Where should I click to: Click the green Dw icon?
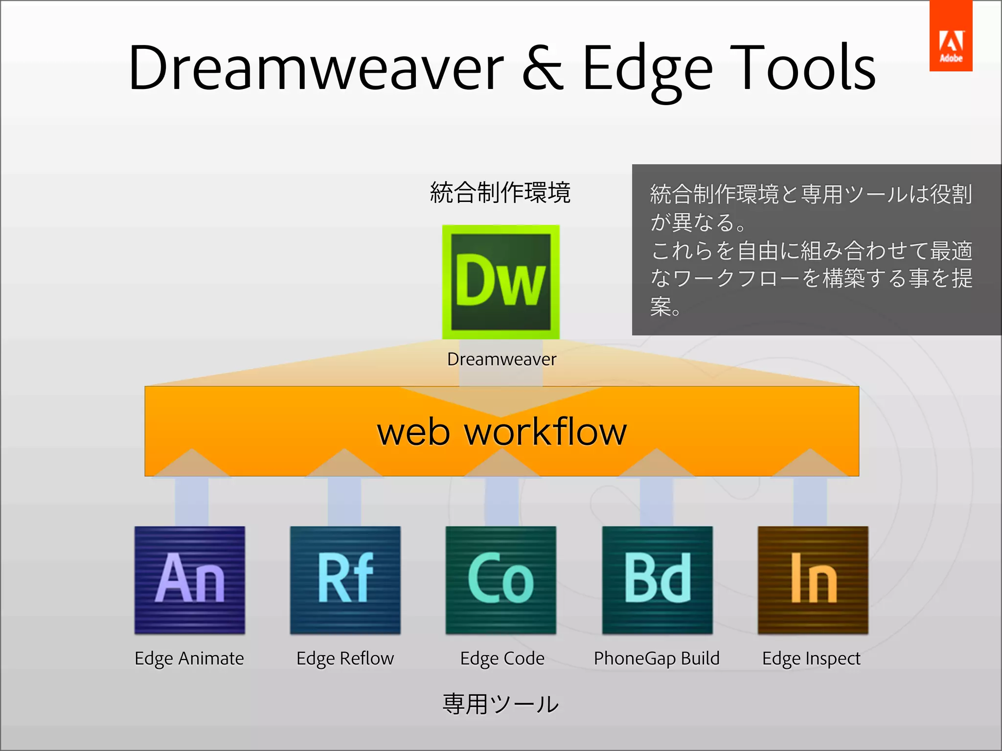coord(501,282)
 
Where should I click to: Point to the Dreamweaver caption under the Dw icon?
coord(501,359)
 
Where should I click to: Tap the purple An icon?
coord(190,580)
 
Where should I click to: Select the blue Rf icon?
coord(345,580)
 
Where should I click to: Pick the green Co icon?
coord(501,580)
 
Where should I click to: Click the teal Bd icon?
coord(657,580)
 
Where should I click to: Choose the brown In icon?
coord(813,580)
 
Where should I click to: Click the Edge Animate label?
coord(189,659)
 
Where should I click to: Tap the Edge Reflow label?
coord(345,659)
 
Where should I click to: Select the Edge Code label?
coord(502,659)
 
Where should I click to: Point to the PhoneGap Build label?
coord(657,659)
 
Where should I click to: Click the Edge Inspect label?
coord(811,659)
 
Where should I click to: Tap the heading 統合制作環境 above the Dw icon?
coord(500,192)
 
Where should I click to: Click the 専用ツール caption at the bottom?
coord(500,704)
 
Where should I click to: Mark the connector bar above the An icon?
coord(191,502)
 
